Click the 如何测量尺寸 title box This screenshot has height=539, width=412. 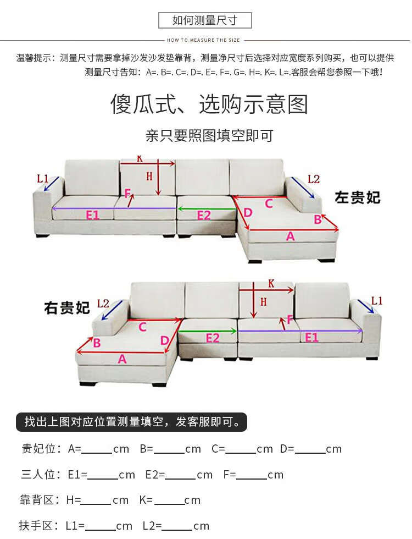pos(205,21)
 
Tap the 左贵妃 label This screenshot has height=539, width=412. pos(358,197)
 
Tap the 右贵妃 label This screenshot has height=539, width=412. pos(67,307)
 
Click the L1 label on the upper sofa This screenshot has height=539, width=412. pos(42,178)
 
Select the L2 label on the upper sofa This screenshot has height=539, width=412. pos(313,179)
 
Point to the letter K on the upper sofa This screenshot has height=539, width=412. pos(140,158)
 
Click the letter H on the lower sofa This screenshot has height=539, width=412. pos(263,301)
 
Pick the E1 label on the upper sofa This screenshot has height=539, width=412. pos(92,215)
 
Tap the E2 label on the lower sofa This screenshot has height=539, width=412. pos(213,338)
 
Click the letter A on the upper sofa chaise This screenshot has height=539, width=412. pos(291,236)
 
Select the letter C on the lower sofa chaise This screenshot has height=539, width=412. pos(142,327)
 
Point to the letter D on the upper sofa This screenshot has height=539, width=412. pos(248,212)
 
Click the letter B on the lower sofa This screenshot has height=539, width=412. pos(96,343)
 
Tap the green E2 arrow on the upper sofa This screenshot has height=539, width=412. pos(204,208)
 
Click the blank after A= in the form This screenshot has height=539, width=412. pos(97,449)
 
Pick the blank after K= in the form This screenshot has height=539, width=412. pos(169,501)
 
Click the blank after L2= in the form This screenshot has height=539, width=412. pos(177,526)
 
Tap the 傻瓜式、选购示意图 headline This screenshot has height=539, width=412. pos(209,104)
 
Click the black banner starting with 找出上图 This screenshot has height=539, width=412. pos(132,422)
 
